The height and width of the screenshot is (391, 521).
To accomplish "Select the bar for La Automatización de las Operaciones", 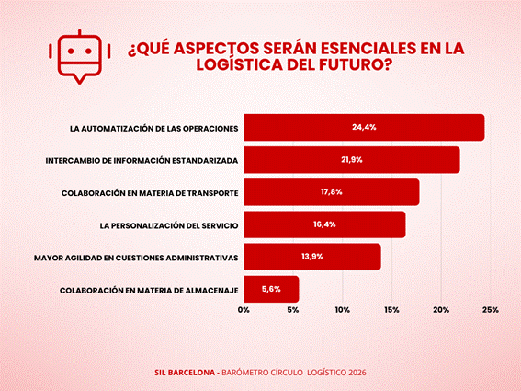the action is tap(364, 128).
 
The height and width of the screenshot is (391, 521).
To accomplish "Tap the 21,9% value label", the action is tap(352, 160).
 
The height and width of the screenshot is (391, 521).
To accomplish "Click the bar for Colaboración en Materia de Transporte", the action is tap(332, 192).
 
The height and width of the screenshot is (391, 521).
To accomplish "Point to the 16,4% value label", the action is tap(324, 224).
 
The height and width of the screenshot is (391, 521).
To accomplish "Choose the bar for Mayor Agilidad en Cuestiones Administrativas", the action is tap(312, 257).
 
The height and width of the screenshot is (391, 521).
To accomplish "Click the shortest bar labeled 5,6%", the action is tap(271, 289).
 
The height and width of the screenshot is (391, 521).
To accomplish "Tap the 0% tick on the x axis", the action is tap(244, 310).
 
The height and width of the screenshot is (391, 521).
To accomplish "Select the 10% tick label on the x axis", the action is tap(342, 310).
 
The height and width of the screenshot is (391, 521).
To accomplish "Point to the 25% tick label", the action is tap(491, 310).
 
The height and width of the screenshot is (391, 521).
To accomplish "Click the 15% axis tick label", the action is tap(391, 310).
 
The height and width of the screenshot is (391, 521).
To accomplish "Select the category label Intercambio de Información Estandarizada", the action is tap(142, 161).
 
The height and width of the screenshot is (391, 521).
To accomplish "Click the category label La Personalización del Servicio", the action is tap(169, 225).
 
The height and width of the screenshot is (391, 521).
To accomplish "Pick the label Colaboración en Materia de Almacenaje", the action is tap(149, 291).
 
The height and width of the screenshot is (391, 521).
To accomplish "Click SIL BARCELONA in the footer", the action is tap(185, 373).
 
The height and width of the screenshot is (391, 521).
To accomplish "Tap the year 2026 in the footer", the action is tap(357, 373).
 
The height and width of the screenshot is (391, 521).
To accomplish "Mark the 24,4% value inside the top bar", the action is tap(364, 127).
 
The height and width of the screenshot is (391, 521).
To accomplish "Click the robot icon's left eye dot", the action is tap(71, 52).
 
